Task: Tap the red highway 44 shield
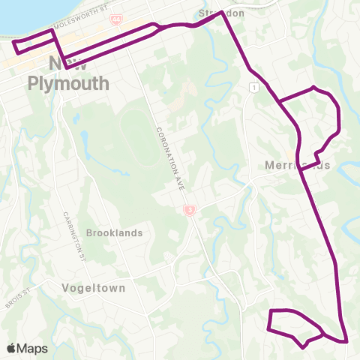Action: click(115, 21)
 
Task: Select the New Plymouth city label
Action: click(68, 73)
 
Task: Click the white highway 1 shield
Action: click(255, 88)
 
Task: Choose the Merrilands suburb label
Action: click(298, 165)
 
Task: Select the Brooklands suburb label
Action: click(114, 232)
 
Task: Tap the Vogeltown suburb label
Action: click(94, 287)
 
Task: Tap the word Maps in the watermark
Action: click(32, 348)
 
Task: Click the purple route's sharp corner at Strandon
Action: click(222, 13)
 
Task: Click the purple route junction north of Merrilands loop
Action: click(279, 100)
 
